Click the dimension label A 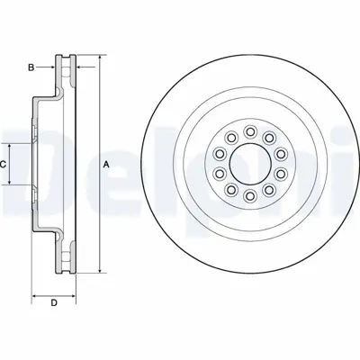click(106, 164)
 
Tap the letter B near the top click(30, 67)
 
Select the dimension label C click(4, 164)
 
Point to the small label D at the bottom click(53, 301)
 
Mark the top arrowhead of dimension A click(98, 57)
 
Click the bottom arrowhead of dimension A click(98, 272)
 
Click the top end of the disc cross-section click(66, 56)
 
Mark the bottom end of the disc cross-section click(66, 274)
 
